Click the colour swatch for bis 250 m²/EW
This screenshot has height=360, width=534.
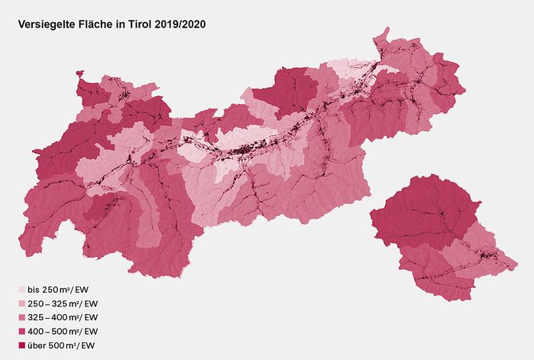[21, 290]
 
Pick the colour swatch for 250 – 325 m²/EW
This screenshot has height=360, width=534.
[21, 303]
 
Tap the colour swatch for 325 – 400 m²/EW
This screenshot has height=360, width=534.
[21, 317]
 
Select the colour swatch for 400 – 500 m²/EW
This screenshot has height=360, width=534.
[21, 331]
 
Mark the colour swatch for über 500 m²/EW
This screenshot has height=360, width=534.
[21, 345]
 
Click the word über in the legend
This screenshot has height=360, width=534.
[37, 345]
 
